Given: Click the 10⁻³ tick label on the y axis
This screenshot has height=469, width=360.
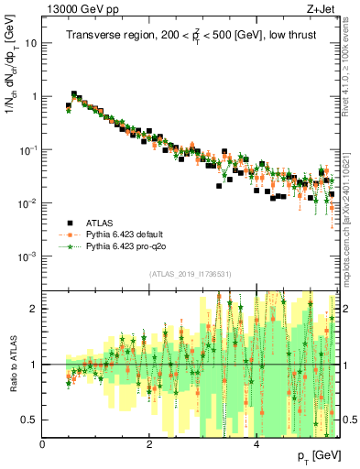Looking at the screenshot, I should [28, 256].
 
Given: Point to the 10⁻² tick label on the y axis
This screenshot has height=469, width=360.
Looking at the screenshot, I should [28, 202].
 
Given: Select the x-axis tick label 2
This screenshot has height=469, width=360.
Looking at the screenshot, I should [149, 443].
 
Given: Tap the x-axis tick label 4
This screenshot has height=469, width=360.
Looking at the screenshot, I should [256, 443].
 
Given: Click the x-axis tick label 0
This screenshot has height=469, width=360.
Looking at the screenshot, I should [42, 443].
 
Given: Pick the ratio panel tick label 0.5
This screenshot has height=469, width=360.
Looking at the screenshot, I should [30, 420].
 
